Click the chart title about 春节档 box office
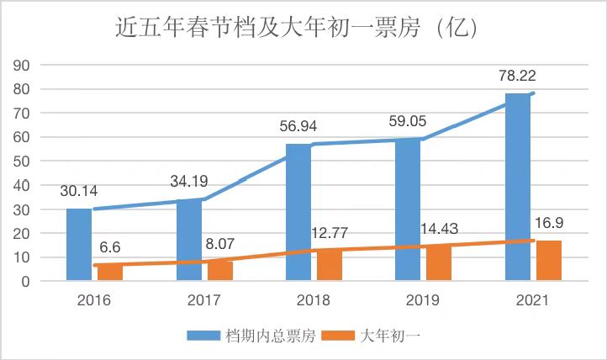303,28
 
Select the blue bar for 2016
79,244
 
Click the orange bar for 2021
548,260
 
